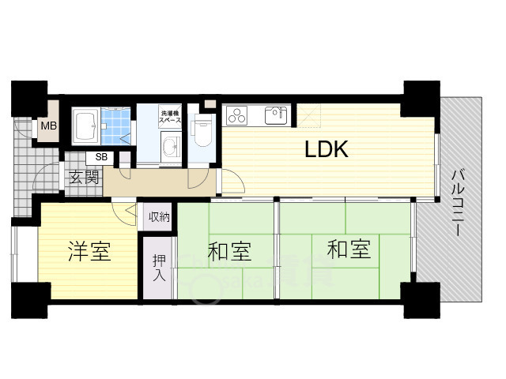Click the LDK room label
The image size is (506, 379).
327,151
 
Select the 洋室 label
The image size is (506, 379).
89,252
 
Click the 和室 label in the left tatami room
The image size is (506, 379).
229,252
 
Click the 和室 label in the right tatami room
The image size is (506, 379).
349,250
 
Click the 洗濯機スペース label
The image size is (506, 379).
171,117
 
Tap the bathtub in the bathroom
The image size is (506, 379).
85,124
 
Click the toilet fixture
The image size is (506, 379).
202,130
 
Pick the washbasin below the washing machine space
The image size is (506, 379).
170,145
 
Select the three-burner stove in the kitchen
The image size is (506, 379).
237,116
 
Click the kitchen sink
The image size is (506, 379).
276,115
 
